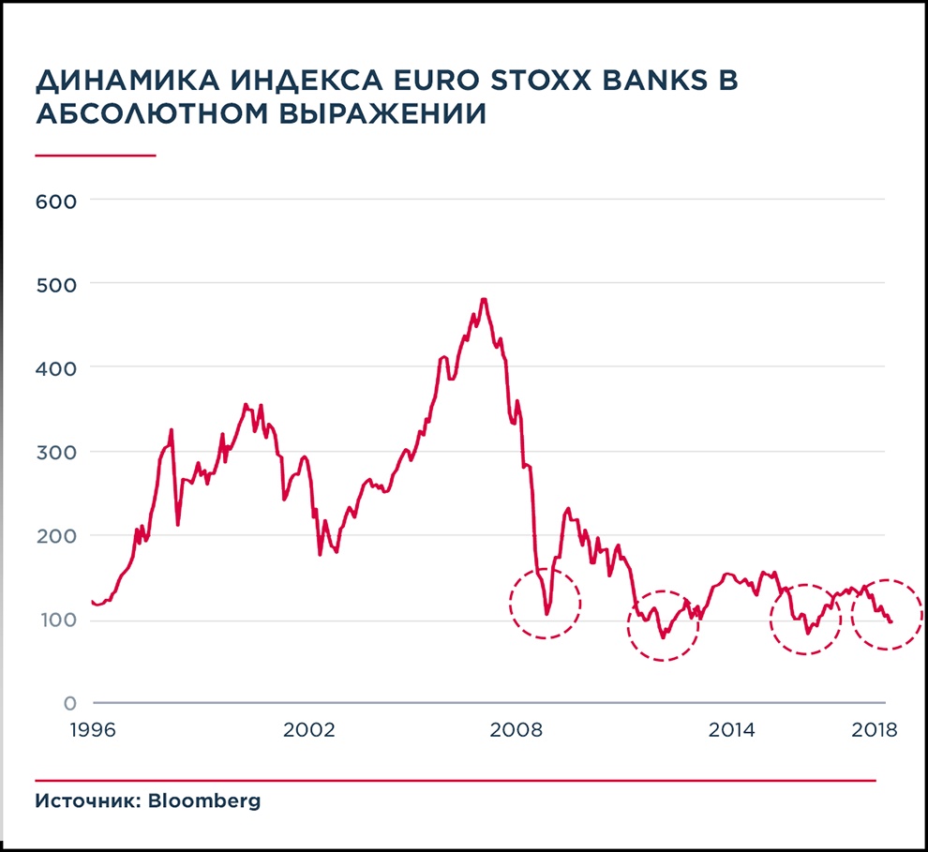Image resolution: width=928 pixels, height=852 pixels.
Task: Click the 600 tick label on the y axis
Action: pyautogui.click(x=56, y=200)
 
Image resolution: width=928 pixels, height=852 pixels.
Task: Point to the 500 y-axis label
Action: pyautogui.click(x=56, y=283)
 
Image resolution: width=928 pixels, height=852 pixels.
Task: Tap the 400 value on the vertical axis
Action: pyautogui.click(x=56, y=367)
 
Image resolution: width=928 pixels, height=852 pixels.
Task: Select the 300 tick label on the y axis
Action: pyautogui.click(x=56, y=452)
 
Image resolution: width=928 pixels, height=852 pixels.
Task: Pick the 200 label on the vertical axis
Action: pyautogui.click(x=56, y=536)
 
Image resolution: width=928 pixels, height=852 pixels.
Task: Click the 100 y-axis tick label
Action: pyautogui.click(x=56, y=620)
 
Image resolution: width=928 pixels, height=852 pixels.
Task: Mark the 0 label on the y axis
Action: pyautogui.click(x=70, y=703)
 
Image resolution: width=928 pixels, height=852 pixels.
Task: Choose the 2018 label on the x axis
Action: pyautogui.click(x=873, y=730)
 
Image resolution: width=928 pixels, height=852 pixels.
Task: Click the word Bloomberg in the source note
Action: pyautogui.click(x=204, y=802)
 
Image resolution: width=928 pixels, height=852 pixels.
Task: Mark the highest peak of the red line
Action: pyautogui.click(x=484, y=299)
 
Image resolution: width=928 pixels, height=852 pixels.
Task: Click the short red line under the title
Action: pyautogui.click(x=95, y=155)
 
